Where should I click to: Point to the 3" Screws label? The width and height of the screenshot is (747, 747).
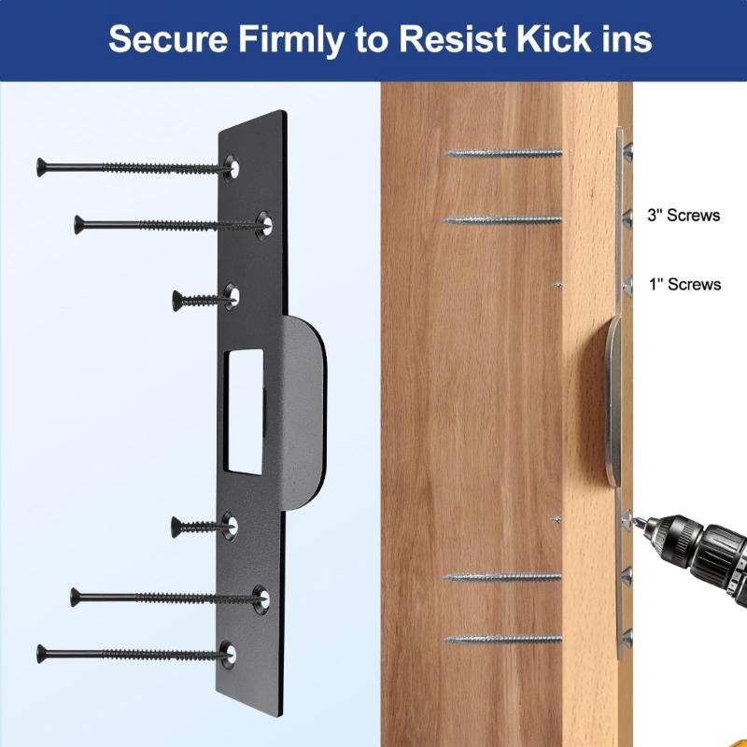(x=684, y=216)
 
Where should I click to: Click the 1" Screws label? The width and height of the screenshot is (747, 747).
(x=684, y=284)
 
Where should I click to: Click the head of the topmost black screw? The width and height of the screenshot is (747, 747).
(x=41, y=166)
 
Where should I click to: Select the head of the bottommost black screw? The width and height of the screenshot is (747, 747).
(x=42, y=653)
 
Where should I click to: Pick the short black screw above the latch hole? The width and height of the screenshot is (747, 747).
(x=200, y=299)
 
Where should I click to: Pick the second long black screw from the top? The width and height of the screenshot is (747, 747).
(x=168, y=223)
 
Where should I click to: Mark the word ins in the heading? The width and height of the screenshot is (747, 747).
(x=621, y=40)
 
